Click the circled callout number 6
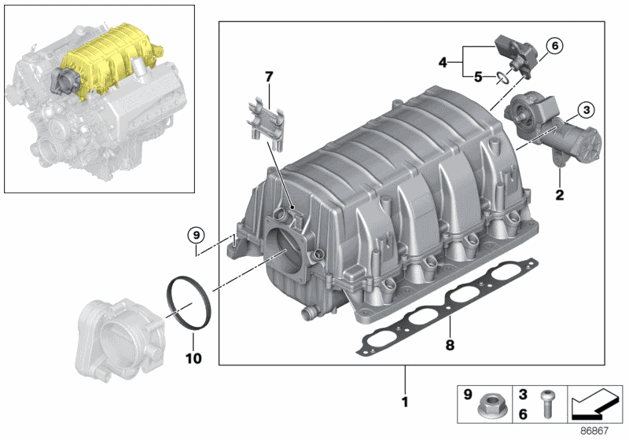[x=554, y=46]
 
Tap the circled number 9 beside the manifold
[x=195, y=233]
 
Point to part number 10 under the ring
[x=193, y=358]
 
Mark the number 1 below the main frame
[x=406, y=403]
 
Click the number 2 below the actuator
[x=560, y=194]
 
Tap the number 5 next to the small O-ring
[x=477, y=76]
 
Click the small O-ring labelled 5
[x=500, y=76]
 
